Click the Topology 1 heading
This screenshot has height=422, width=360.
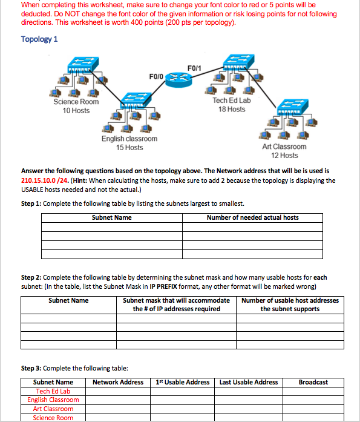(39, 39)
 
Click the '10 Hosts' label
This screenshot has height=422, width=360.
(76, 111)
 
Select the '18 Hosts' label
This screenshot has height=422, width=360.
(232, 109)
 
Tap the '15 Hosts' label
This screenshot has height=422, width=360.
(129, 148)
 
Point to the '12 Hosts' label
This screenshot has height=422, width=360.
(284, 156)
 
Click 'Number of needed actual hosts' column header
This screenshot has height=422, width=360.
(252, 217)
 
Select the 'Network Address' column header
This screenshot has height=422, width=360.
(118, 382)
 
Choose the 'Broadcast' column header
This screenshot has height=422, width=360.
(313, 382)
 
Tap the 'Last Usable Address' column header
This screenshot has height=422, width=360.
(249, 382)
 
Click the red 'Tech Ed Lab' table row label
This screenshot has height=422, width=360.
(53, 391)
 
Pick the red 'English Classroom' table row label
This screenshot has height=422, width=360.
(53, 400)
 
